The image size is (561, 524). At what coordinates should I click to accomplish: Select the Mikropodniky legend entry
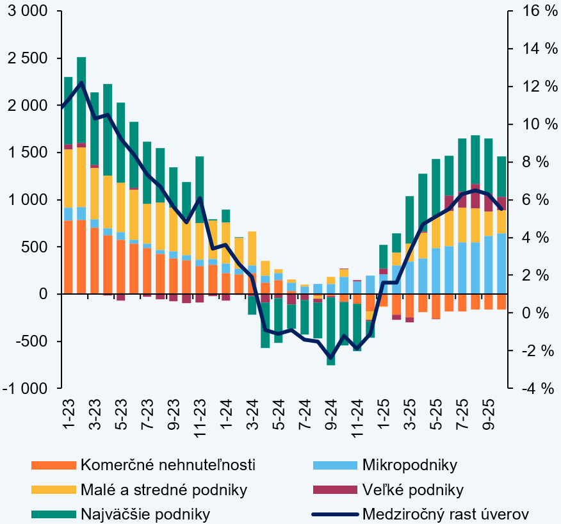(x=410, y=464)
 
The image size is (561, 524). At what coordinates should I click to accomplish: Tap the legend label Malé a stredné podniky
(x=164, y=490)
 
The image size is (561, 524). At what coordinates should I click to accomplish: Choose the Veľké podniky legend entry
(x=412, y=490)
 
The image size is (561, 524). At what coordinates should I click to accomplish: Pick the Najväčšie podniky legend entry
(x=145, y=514)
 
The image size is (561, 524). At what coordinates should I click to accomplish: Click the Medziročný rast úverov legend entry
(x=446, y=514)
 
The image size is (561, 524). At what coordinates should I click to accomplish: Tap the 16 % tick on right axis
(x=532, y=11)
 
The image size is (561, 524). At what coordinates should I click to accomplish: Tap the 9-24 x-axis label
(x=330, y=417)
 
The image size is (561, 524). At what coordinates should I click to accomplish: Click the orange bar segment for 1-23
(x=68, y=256)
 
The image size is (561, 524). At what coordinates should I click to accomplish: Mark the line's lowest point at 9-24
(x=330, y=357)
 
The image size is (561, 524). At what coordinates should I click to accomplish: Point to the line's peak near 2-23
(x=81, y=83)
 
